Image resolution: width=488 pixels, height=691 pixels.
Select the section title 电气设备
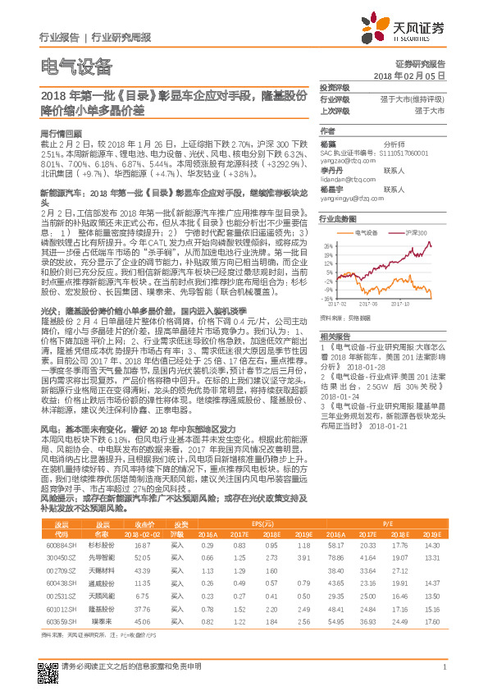point(75,68)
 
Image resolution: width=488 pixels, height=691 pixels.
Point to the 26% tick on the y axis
point(327,245)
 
